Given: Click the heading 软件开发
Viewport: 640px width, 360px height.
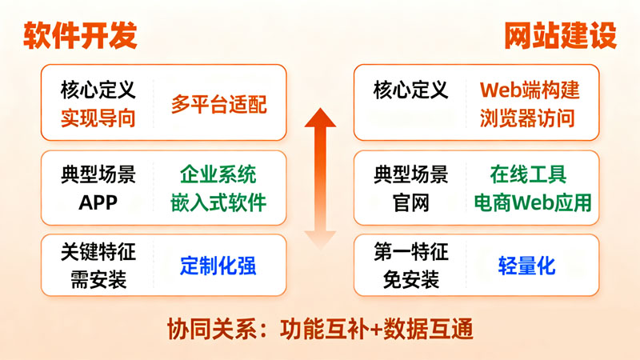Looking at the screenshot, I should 80,36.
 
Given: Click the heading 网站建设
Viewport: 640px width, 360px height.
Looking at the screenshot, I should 559,36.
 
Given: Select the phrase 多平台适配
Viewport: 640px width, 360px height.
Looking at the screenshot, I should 218,105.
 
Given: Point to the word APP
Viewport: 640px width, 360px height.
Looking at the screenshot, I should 98,203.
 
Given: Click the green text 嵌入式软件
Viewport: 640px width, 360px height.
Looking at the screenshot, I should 218,203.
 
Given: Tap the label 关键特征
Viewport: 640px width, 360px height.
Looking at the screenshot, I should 98,253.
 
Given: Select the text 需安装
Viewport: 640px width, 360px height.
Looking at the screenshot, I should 98,280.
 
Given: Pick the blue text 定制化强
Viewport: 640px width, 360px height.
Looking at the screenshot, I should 218,266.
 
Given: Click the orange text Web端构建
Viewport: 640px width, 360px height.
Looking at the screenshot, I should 530,90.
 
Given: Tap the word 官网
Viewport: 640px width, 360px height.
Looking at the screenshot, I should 411,203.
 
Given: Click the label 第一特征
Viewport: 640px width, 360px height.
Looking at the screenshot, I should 411,253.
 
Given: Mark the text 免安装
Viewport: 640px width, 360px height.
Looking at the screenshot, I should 411,280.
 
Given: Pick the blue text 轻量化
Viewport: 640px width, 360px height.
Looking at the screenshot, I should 527,266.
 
